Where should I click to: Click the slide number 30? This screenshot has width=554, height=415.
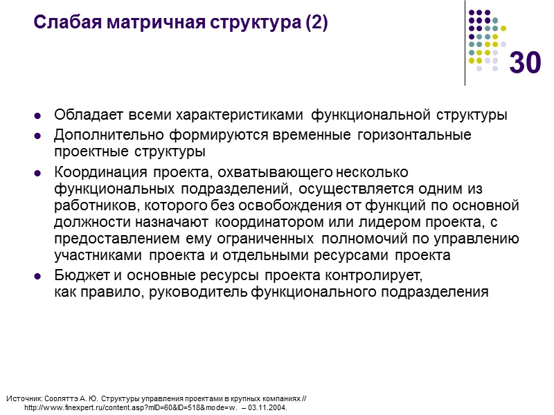tap(525, 64)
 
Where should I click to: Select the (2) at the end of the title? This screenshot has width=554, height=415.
tap(316, 24)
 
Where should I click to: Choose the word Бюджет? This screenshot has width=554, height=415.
tap(77, 275)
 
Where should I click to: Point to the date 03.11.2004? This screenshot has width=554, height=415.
tap(267, 407)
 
